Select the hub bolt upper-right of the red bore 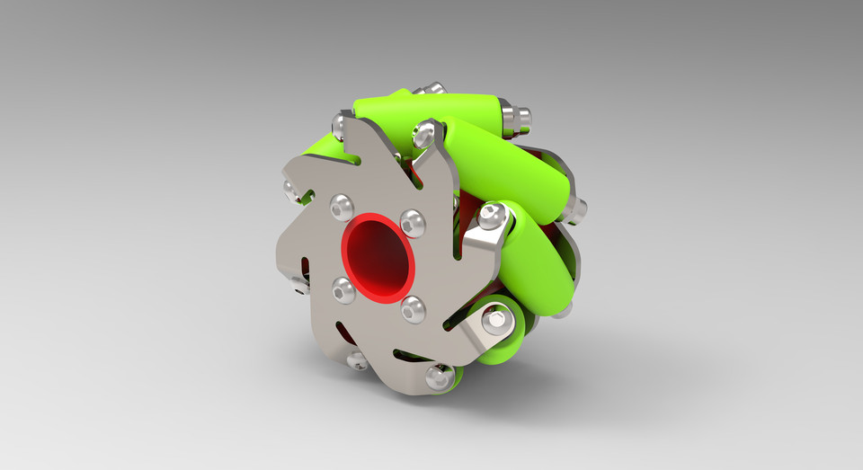(x=413, y=221)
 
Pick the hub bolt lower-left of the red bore (x=343, y=288)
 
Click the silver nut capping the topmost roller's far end (x=516, y=117)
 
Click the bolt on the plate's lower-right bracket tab (x=495, y=319)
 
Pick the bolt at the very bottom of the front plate (x=439, y=377)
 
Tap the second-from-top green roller (x=512, y=162)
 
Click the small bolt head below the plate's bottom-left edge (x=357, y=360)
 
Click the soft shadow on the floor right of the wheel (x=647, y=359)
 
